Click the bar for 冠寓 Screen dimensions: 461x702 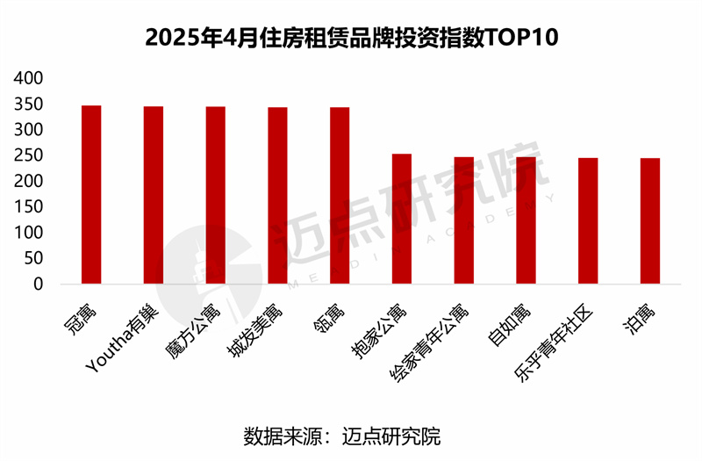pos(91,195)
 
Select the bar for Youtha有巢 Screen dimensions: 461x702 pos(154,195)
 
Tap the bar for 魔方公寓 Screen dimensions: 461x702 pos(216,195)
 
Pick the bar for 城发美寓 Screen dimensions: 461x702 pos(277,196)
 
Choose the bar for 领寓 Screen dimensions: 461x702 pos(340,196)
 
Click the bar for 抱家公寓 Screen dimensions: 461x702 pos(401,219)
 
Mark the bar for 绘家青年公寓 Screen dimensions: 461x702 pos(463,220)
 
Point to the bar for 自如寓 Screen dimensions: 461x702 pos(526,220)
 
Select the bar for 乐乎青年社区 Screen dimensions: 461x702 pos(588,221)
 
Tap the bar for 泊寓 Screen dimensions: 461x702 pos(650,221)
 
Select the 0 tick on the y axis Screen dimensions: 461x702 pos(38,285)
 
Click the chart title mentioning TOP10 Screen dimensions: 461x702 pos(351,38)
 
